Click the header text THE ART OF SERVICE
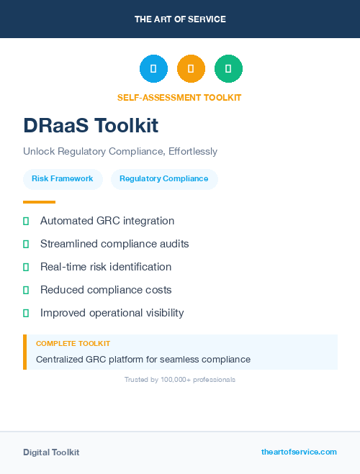click(x=180, y=19)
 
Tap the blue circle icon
click(x=153, y=69)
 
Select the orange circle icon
click(x=191, y=69)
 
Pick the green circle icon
click(x=228, y=69)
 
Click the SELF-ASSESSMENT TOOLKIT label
click(x=179, y=98)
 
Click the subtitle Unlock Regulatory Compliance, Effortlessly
click(x=120, y=152)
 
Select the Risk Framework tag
click(x=63, y=179)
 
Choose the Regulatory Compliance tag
click(x=164, y=179)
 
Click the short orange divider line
click(x=39, y=202)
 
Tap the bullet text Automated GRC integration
click(x=107, y=221)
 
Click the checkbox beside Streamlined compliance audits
click(x=26, y=244)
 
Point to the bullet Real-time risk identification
click(x=106, y=267)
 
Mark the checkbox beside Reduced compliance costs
click(x=26, y=290)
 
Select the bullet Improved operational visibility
click(x=112, y=313)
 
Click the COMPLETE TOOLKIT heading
click(x=73, y=344)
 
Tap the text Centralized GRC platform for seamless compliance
click(x=143, y=359)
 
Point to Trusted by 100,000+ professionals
click(x=180, y=379)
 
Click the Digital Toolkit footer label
click(x=51, y=452)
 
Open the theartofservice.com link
click(x=299, y=452)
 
